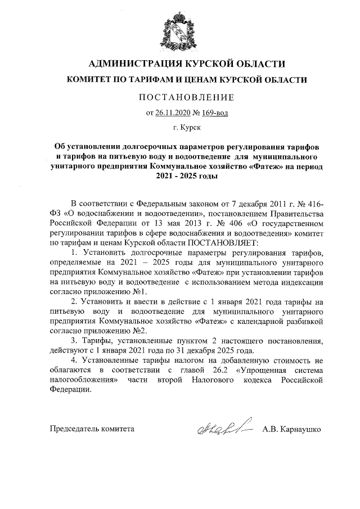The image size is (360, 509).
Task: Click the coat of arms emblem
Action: [179, 29]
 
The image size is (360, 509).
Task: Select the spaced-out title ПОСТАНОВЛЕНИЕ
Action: [179, 97]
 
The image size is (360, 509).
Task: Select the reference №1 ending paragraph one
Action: [140, 292]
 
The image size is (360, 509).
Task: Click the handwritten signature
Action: [223, 430]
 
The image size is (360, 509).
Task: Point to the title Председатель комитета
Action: [92, 429]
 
